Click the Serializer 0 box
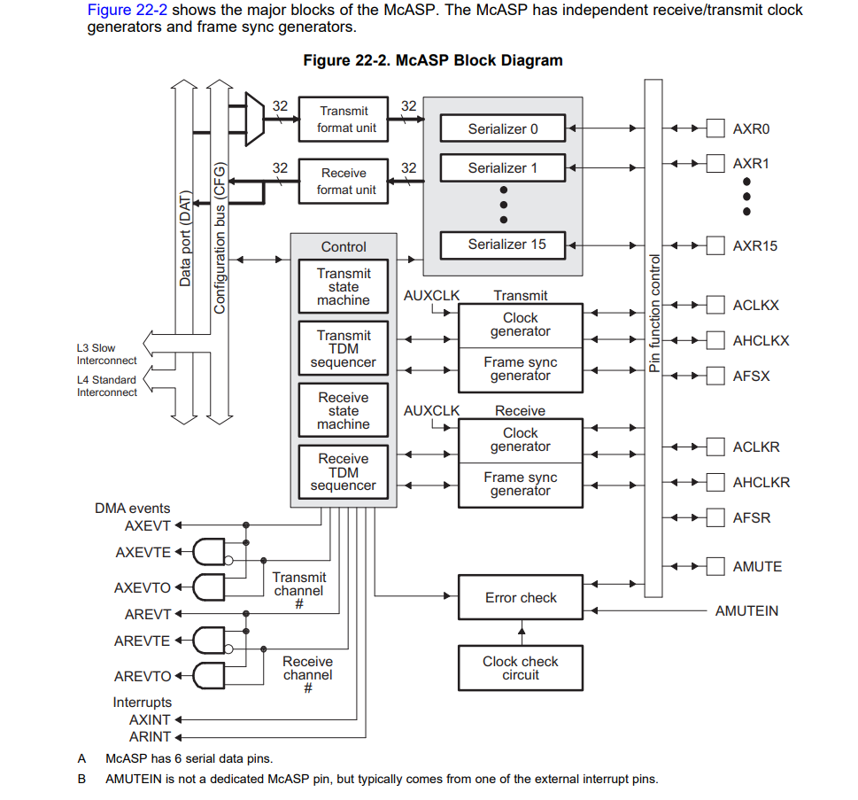pyautogui.click(x=503, y=128)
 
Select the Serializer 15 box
pyautogui.click(x=503, y=245)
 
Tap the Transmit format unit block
pyautogui.click(x=343, y=120)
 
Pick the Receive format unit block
pyautogui.click(x=343, y=181)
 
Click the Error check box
pyautogui.click(x=521, y=598)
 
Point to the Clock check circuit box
pyautogui.click(x=521, y=668)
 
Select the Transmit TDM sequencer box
pyautogui.click(x=344, y=349)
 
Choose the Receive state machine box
pyautogui.click(x=344, y=411)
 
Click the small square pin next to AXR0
pyautogui.click(x=715, y=128)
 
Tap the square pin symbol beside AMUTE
pyautogui.click(x=715, y=566)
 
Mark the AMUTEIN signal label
pyautogui.click(x=746, y=611)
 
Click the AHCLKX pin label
pyautogui.click(x=761, y=341)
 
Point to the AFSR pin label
pyautogui.click(x=751, y=518)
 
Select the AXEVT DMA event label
pyautogui.click(x=147, y=525)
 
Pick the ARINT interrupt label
pyautogui.click(x=150, y=736)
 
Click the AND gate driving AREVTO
pyautogui.click(x=210, y=676)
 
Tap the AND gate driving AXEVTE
pyautogui.click(x=210, y=552)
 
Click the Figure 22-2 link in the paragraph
pyautogui.click(x=128, y=11)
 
